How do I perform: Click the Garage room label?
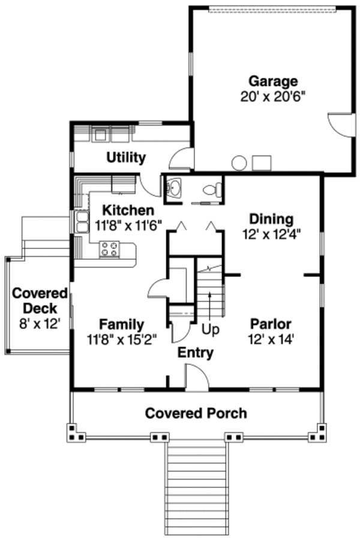click(x=273, y=82)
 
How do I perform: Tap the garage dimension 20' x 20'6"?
click(x=273, y=97)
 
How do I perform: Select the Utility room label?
click(x=126, y=157)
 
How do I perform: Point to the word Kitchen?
click(x=128, y=210)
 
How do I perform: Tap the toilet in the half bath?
click(x=212, y=190)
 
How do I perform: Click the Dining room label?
click(x=271, y=219)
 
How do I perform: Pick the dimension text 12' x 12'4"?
click(x=272, y=235)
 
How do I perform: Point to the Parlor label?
click(x=271, y=324)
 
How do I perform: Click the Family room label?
click(x=122, y=324)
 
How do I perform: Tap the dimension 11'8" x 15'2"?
click(x=122, y=340)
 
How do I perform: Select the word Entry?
click(x=196, y=353)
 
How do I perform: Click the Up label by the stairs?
click(x=210, y=330)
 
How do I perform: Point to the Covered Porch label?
click(x=196, y=413)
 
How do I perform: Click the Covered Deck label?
click(x=40, y=301)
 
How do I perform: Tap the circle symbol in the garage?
click(x=239, y=163)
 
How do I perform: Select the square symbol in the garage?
click(x=262, y=163)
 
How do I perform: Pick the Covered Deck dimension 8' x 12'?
click(x=40, y=324)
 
